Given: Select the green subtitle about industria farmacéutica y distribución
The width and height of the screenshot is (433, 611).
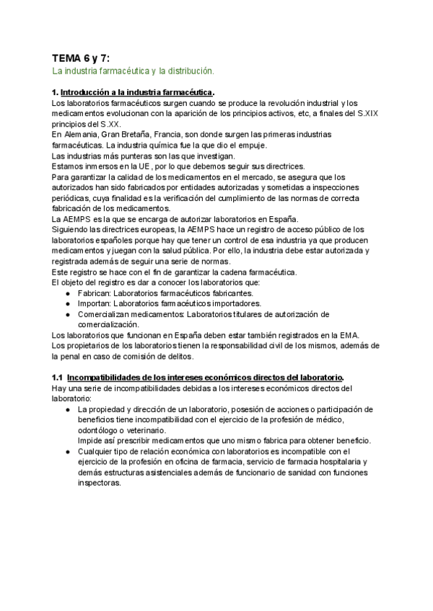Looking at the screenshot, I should click(134, 71).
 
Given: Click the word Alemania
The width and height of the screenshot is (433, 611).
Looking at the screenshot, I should click(79, 135).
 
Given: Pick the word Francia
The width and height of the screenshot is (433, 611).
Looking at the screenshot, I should click(167, 135).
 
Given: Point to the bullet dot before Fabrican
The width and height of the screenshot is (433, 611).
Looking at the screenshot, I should click(68, 293).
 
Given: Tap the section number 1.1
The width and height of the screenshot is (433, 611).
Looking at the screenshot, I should click(58, 378).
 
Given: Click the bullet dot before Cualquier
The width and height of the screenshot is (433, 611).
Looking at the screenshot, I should click(68, 452).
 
